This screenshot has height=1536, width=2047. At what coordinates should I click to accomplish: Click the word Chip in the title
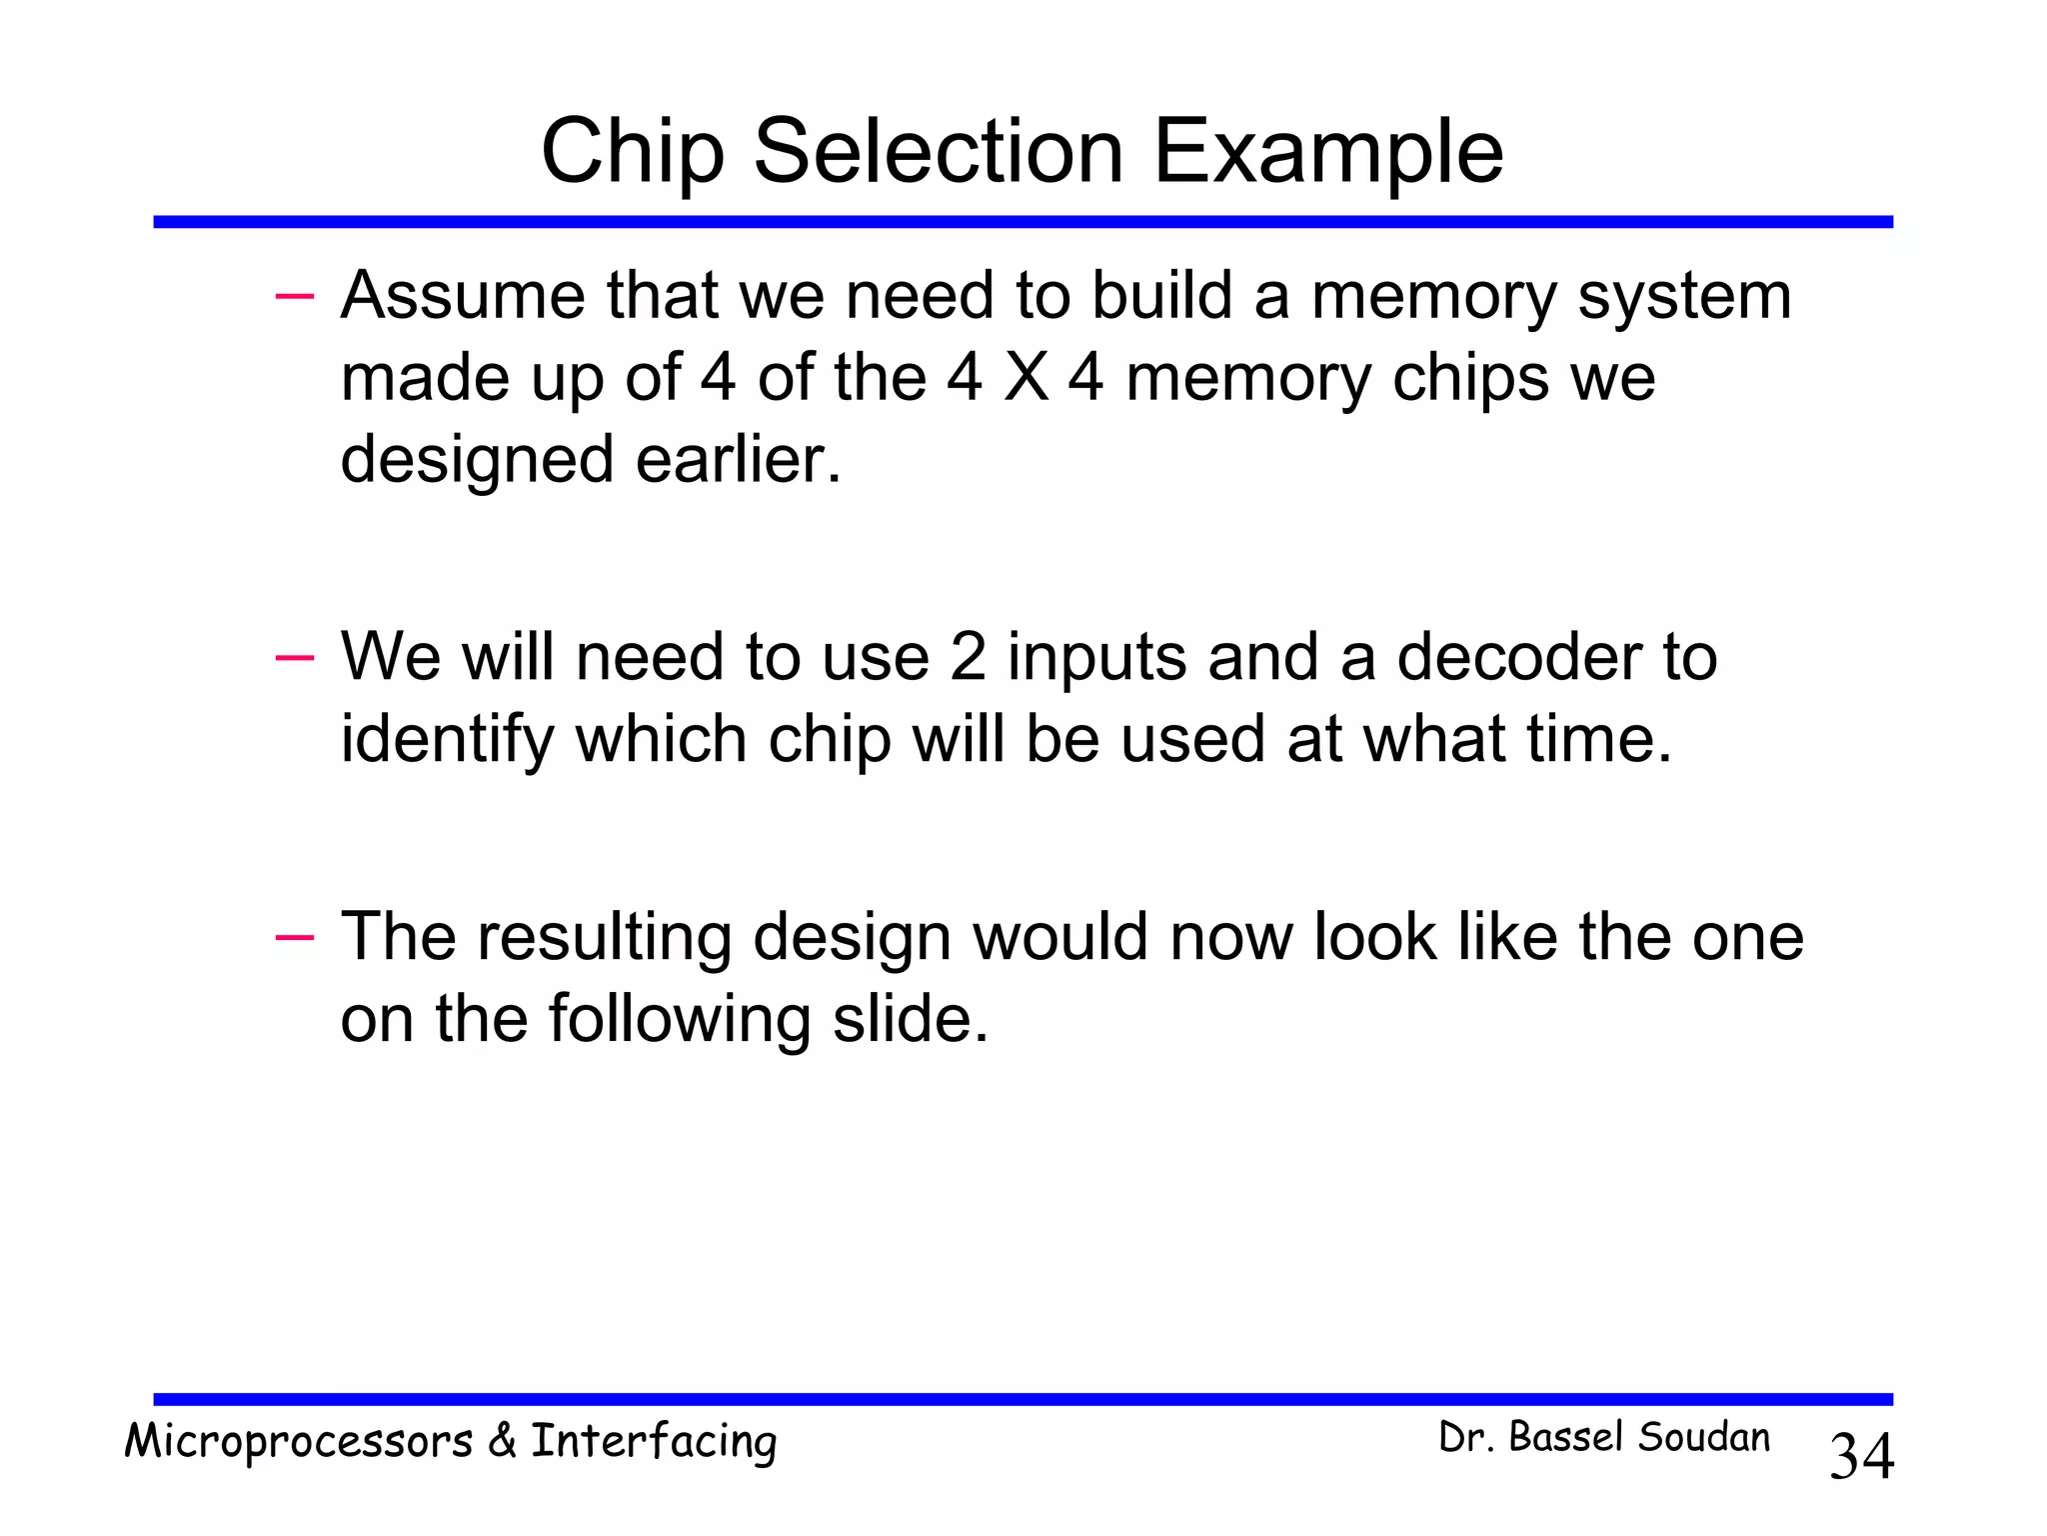pyautogui.click(x=632, y=153)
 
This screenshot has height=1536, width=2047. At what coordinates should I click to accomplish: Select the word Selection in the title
pyautogui.click(x=938, y=153)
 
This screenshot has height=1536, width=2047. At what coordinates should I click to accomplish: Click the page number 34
pyautogui.click(x=1861, y=1457)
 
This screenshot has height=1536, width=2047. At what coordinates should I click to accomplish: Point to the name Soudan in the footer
pyautogui.click(x=1703, y=1438)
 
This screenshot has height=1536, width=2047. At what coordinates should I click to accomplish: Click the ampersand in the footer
pyautogui.click(x=502, y=1441)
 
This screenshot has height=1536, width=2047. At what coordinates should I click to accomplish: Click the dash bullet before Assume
pyautogui.click(x=294, y=296)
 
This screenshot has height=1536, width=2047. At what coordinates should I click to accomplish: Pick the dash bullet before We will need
pyautogui.click(x=294, y=657)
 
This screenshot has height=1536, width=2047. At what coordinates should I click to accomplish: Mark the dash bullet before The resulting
pyautogui.click(x=294, y=937)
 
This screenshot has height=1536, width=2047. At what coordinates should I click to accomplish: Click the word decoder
pyautogui.click(x=1518, y=658)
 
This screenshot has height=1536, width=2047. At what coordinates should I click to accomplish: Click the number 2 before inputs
pyautogui.click(x=968, y=658)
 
